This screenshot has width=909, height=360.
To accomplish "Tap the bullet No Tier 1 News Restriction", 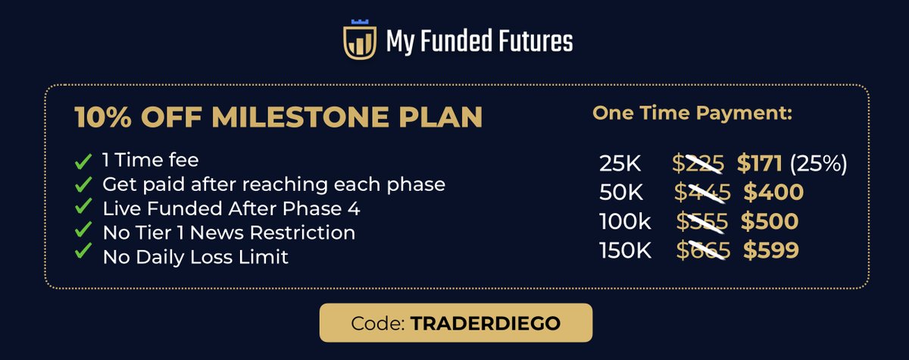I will (229, 232).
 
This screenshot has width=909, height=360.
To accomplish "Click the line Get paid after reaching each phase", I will (273, 184).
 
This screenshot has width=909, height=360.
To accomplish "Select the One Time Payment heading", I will (692, 114).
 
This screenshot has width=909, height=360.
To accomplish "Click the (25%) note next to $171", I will (817, 162).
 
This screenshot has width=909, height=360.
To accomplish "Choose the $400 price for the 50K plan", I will (773, 193).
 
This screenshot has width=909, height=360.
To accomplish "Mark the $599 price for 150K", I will (770, 251).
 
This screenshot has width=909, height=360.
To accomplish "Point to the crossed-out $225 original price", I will (698, 162).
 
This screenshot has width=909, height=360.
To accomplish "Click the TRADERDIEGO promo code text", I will (486, 323).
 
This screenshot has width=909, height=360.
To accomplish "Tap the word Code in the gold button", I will (377, 323).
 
